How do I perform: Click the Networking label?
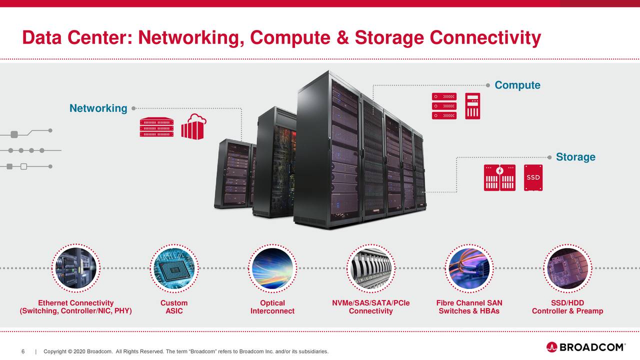[x=98, y=108]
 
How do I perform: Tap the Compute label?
[x=517, y=85]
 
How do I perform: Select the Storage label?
[x=575, y=157]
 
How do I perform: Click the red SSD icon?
[x=533, y=177]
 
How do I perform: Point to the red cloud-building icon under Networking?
[x=193, y=127]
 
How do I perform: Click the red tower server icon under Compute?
[x=472, y=106]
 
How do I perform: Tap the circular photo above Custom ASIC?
[x=174, y=268]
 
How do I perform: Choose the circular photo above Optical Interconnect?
[x=272, y=268]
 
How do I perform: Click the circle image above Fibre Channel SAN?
[x=469, y=268]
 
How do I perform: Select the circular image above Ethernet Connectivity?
[x=76, y=268]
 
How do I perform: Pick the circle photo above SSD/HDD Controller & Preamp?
[x=567, y=268]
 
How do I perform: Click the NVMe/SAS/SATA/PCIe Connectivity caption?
[x=370, y=307]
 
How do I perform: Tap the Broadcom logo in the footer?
[x=585, y=347]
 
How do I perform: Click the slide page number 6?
[x=23, y=351]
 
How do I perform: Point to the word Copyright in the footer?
[x=55, y=351]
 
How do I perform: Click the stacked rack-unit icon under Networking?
[x=156, y=128]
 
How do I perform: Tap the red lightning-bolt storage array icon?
[x=499, y=177]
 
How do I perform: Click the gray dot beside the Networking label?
[x=133, y=108]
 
